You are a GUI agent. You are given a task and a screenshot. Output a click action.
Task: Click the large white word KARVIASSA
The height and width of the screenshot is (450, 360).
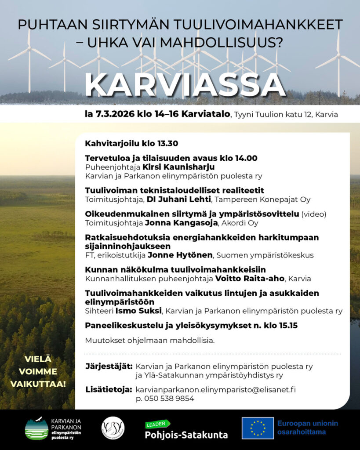click(185, 85)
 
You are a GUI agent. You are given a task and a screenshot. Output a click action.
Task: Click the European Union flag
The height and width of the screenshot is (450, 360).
click(258, 428)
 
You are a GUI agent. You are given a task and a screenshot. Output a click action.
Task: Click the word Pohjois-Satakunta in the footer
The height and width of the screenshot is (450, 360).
click(186, 435)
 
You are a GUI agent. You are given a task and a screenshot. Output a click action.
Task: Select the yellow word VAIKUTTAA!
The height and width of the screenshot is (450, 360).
click(38, 384)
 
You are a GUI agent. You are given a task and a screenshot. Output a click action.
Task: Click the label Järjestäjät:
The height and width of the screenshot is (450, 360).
click(109, 366)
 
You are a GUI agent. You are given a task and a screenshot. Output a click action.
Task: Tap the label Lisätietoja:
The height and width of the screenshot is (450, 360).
click(109, 390)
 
